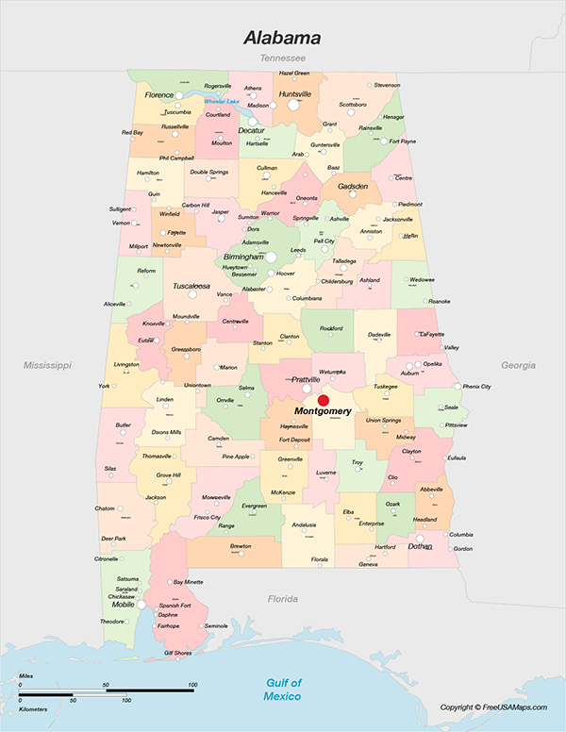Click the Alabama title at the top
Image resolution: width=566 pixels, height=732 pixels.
point(282,39)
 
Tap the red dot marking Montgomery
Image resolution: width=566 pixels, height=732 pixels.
point(323,401)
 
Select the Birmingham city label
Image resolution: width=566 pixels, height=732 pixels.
point(243,257)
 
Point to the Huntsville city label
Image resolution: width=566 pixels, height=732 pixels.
point(295,94)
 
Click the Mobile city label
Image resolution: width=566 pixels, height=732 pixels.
point(124,604)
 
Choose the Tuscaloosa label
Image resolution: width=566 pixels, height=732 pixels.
point(191,285)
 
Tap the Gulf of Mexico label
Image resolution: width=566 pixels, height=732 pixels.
point(283,689)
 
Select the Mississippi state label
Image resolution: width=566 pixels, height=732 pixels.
point(48,364)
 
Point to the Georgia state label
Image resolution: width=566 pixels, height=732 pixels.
point(517,365)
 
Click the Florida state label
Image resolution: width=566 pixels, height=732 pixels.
point(282,599)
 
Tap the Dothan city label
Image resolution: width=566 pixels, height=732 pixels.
point(421,546)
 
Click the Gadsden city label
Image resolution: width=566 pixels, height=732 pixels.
point(353,187)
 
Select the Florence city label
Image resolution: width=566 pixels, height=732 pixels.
point(159,95)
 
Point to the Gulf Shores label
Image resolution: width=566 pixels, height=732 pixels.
point(177,653)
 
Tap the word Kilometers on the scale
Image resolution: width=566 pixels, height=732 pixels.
point(34,707)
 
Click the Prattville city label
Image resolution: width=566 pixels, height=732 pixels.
point(305,380)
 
